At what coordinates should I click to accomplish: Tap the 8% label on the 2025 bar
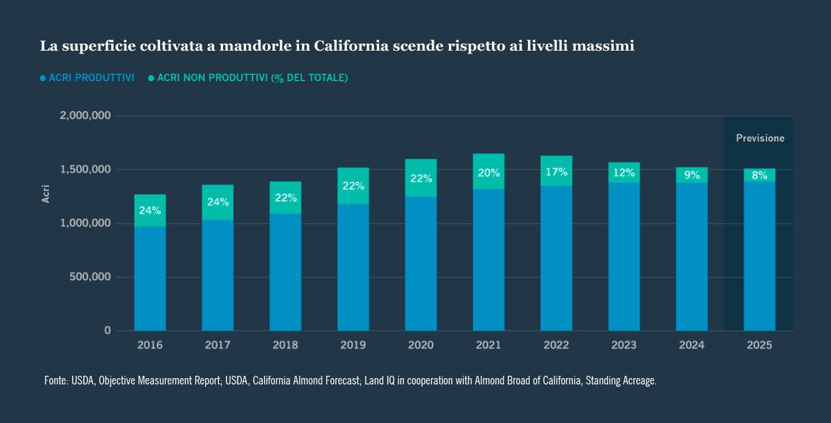click(x=759, y=176)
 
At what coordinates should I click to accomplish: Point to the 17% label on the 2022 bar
click(x=556, y=172)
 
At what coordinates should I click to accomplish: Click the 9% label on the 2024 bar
click(x=692, y=175)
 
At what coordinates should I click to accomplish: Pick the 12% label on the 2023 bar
click(x=624, y=173)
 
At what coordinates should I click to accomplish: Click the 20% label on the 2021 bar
click(x=489, y=173)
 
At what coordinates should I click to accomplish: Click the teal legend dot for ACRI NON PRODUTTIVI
click(x=151, y=78)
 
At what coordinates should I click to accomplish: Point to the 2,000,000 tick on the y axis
click(x=85, y=116)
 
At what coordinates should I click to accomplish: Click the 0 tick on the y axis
click(x=107, y=330)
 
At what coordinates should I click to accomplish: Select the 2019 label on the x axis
click(x=353, y=345)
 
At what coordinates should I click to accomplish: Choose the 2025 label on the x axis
click(x=759, y=345)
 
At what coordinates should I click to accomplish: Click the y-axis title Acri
click(x=46, y=193)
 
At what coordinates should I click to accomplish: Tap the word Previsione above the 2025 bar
click(x=760, y=138)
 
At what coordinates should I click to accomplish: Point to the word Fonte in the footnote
click(x=56, y=381)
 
